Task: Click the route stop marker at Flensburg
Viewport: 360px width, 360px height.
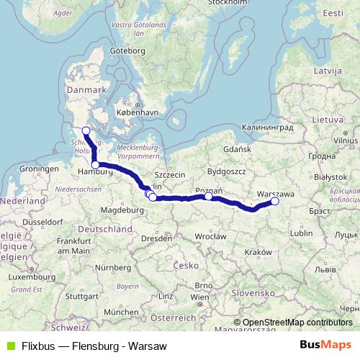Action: (x=86, y=130)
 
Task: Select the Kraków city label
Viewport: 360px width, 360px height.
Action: (x=257, y=252)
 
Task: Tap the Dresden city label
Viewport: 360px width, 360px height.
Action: (x=156, y=237)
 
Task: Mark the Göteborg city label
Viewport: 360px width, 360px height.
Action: (x=127, y=51)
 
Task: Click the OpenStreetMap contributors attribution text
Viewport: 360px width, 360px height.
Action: (x=297, y=323)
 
